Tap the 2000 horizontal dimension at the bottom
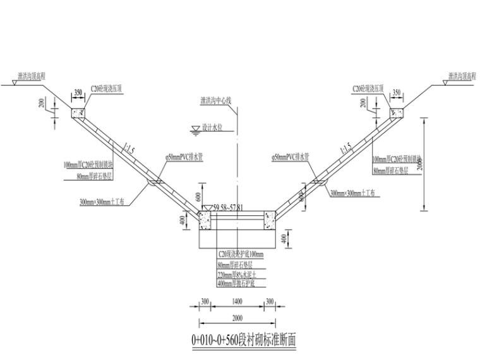(x=237, y=317)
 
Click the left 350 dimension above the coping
(x=78, y=92)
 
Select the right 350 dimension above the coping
(x=397, y=92)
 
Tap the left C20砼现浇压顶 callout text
(x=105, y=89)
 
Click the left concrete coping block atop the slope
(x=80, y=114)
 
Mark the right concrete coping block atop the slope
(x=396, y=114)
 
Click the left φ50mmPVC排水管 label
(x=183, y=155)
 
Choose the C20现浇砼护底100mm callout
(x=241, y=254)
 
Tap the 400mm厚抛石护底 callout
(x=236, y=284)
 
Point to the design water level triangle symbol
(x=195, y=128)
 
